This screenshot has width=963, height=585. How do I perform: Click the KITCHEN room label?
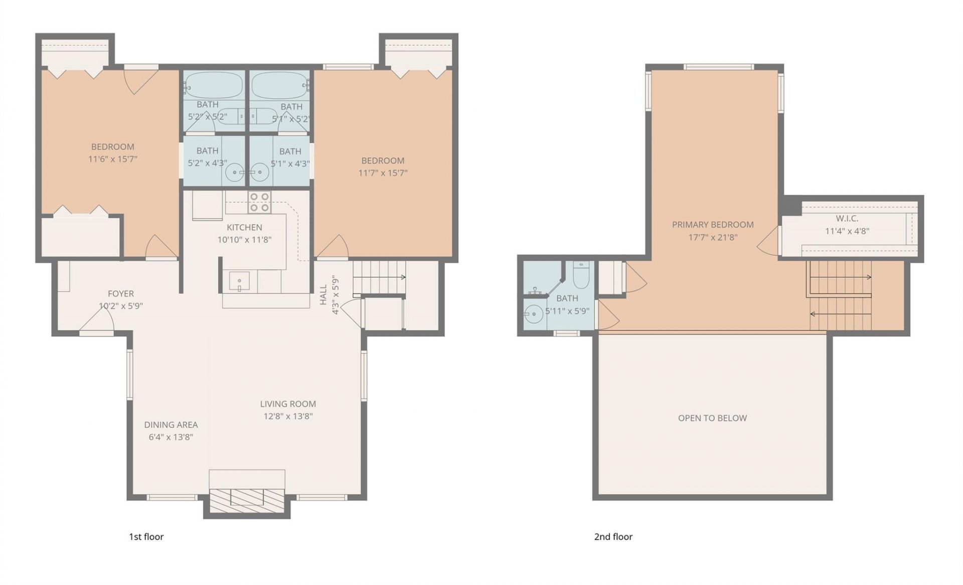pos(244,227)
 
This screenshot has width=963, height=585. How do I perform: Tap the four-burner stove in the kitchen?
pos(259,202)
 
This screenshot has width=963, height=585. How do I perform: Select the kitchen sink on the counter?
pos(239,281)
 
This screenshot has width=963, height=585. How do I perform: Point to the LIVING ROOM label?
pos(288,404)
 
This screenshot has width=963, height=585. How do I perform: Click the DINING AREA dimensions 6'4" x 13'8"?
pos(171,437)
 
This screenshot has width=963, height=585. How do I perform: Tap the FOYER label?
pos(121,294)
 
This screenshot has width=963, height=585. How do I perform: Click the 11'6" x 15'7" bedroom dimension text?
pos(113,159)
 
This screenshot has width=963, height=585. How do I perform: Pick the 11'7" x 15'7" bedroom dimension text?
pos(383,173)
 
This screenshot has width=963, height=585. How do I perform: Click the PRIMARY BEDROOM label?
pos(713,225)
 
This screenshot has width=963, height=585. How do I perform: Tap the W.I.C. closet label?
pos(847,218)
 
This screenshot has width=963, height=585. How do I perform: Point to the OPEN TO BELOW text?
pos(712,418)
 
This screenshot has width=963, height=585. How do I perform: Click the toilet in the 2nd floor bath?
pos(581,275)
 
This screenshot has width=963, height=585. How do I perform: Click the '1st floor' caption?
pos(146,537)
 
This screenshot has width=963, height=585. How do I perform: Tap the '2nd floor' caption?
pos(613,537)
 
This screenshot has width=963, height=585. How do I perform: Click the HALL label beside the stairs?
pos(324,295)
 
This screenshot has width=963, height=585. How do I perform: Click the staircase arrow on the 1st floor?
pos(380,277)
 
